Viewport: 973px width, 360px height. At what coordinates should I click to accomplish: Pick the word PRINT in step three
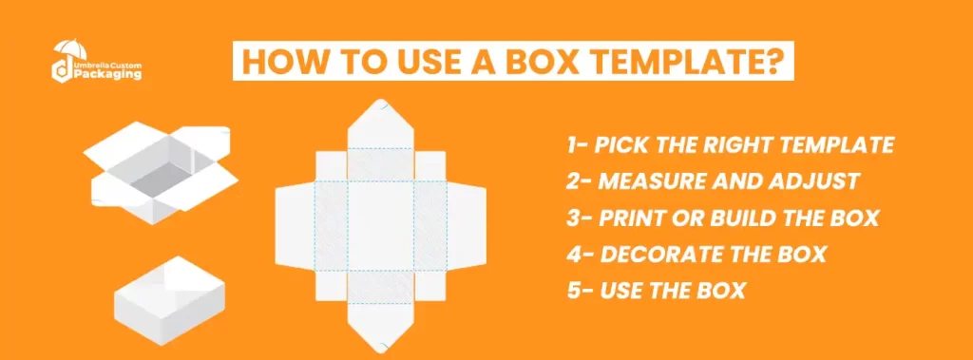click(x=638, y=218)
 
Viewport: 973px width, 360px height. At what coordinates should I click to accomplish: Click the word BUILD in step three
click(x=750, y=218)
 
